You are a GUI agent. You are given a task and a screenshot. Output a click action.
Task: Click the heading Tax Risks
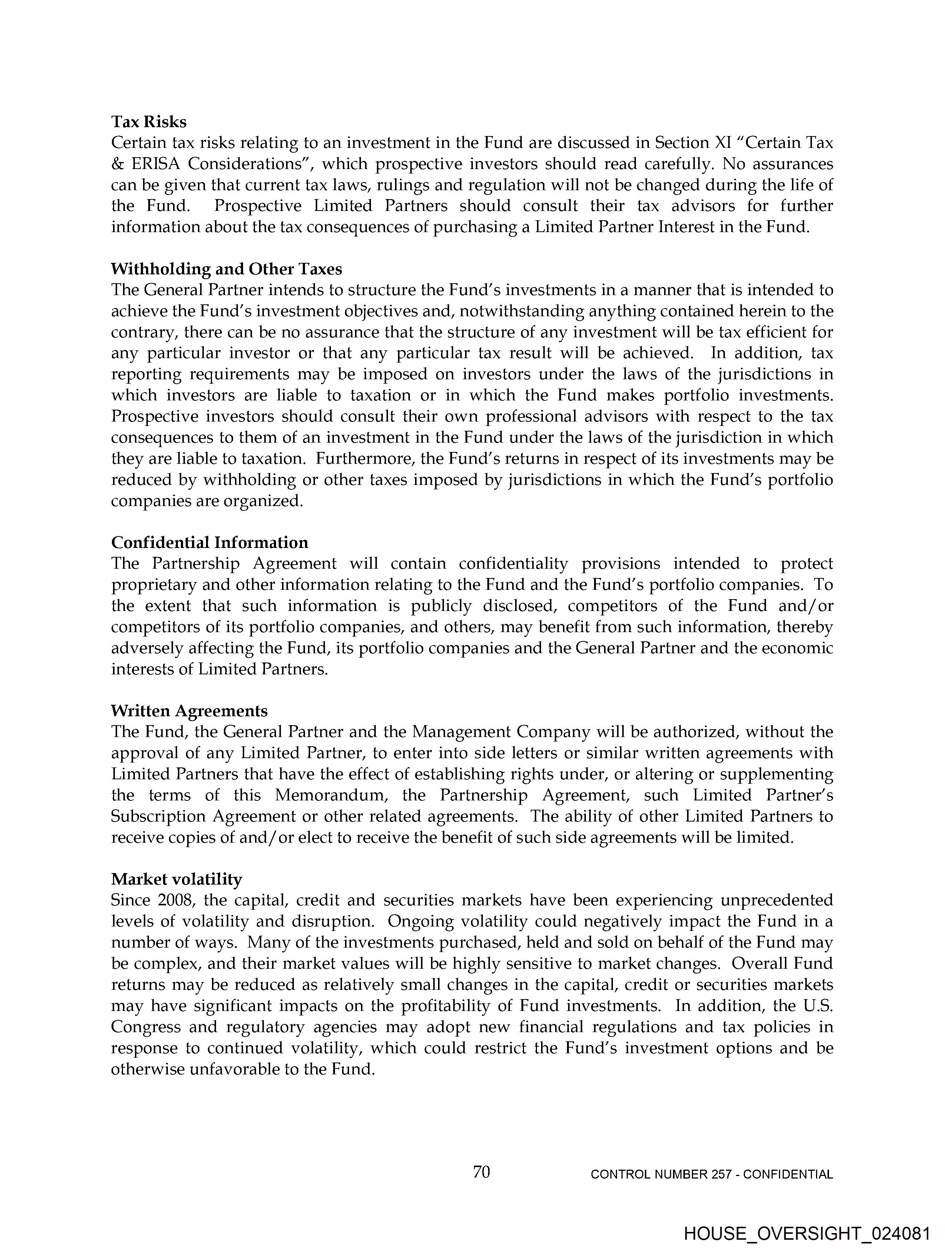pos(149,122)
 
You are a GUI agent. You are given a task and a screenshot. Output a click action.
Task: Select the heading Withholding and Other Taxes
pos(226,269)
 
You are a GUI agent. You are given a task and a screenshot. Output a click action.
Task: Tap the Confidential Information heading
pos(209,543)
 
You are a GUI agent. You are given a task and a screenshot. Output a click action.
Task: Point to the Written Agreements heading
pos(189,711)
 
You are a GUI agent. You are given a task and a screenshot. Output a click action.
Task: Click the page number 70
pos(481,1172)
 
